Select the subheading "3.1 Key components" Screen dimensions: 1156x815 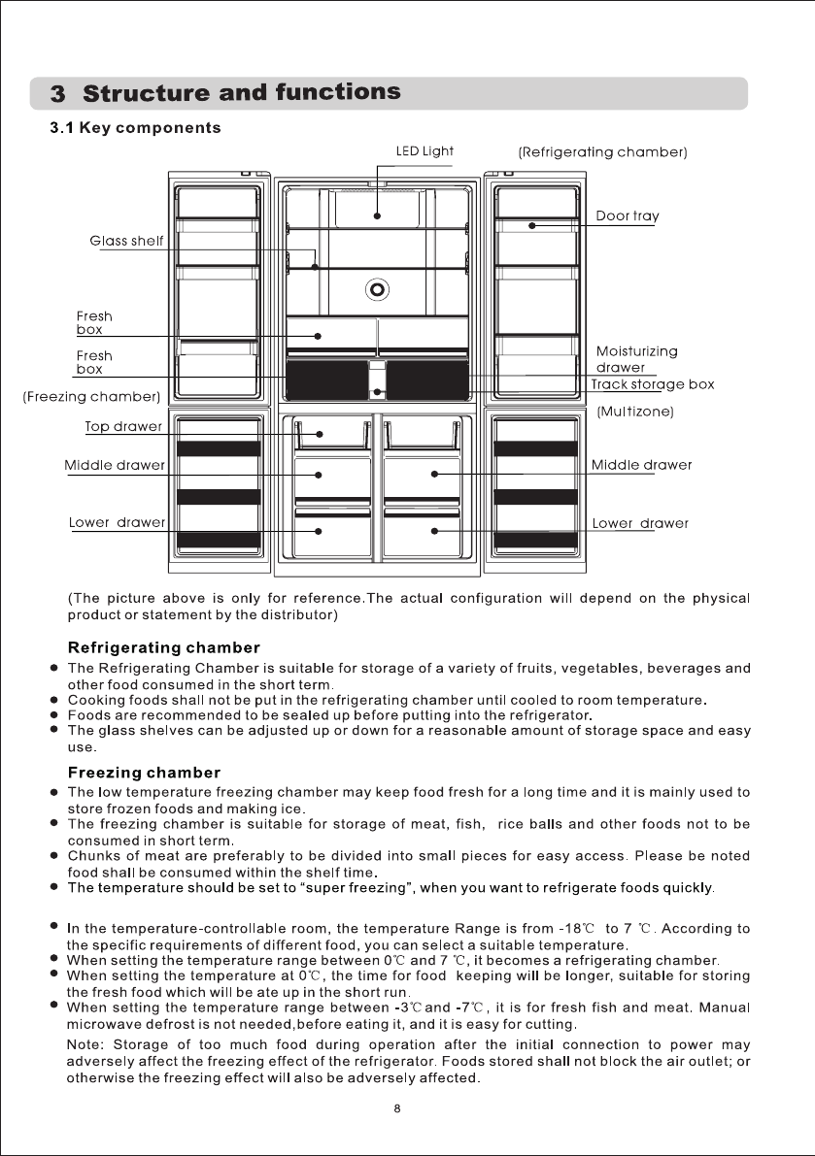[136, 128]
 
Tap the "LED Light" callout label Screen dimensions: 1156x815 [424, 150]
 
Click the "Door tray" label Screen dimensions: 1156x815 [627, 215]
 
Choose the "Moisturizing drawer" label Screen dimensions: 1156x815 [636, 359]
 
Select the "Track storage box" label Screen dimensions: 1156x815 [653, 384]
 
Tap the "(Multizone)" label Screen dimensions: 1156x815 [635, 412]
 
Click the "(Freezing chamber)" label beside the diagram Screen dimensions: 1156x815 [91, 397]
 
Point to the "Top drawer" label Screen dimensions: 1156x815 [123, 426]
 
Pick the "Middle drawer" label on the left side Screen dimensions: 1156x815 [115, 465]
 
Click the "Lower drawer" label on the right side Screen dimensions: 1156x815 [640, 523]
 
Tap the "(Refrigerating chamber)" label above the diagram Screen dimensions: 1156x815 [602, 152]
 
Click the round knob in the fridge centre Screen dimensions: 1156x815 [378, 287]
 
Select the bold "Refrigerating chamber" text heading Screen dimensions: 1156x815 [163, 647]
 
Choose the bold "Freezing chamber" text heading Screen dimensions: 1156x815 [144, 773]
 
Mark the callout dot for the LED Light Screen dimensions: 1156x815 [378, 216]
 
